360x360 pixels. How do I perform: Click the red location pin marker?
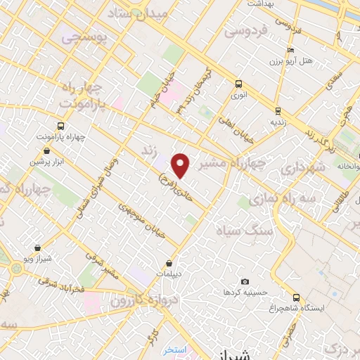181,165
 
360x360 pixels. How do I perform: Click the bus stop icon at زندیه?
278,110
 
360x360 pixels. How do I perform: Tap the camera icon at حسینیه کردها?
245,281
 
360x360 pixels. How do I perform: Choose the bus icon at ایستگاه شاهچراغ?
296,297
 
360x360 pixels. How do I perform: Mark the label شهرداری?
304,169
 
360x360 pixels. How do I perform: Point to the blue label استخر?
172,349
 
